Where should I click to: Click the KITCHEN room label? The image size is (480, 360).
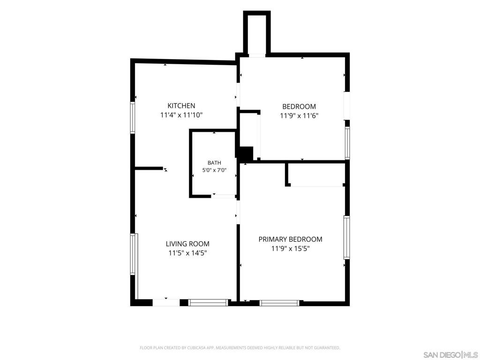pyautogui.click(x=181, y=105)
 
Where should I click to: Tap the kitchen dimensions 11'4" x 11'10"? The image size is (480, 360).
pyautogui.click(x=181, y=115)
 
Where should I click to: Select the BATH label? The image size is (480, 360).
pyautogui.click(x=214, y=163)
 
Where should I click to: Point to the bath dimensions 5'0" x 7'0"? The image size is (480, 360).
pyautogui.click(x=214, y=170)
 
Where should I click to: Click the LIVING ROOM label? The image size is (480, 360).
pyautogui.click(x=187, y=244)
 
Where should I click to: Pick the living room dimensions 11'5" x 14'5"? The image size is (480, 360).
pyautogui.click(x=187, y=253)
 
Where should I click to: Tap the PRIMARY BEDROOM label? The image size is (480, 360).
pyautogui.click(x=291, y=239)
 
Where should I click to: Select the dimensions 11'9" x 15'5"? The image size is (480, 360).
pyautogui.click(x=291, y=248)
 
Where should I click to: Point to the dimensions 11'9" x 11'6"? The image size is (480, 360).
pyautogui.click(x=299, y=116)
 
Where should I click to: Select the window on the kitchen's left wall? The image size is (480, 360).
pyautogui.click(x=133, y=118)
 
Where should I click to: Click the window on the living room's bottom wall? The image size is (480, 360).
pyautogui.click(x=208, y=302)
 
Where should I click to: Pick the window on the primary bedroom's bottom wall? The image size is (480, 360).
pyautogui.click(x=279, y=303)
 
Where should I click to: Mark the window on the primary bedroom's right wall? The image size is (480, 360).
pyautogui.click(x=346, y=238)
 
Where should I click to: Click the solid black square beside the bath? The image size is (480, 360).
pyautogui.click(x=246, y=154)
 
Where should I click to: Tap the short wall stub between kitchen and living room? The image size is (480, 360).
pyautogui.click(x=149, y=168)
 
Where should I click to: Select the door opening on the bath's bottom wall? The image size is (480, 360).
pyautogui.click(x=224, y=196)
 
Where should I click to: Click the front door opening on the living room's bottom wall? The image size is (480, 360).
pyautogui.click(x=166, y=302)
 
